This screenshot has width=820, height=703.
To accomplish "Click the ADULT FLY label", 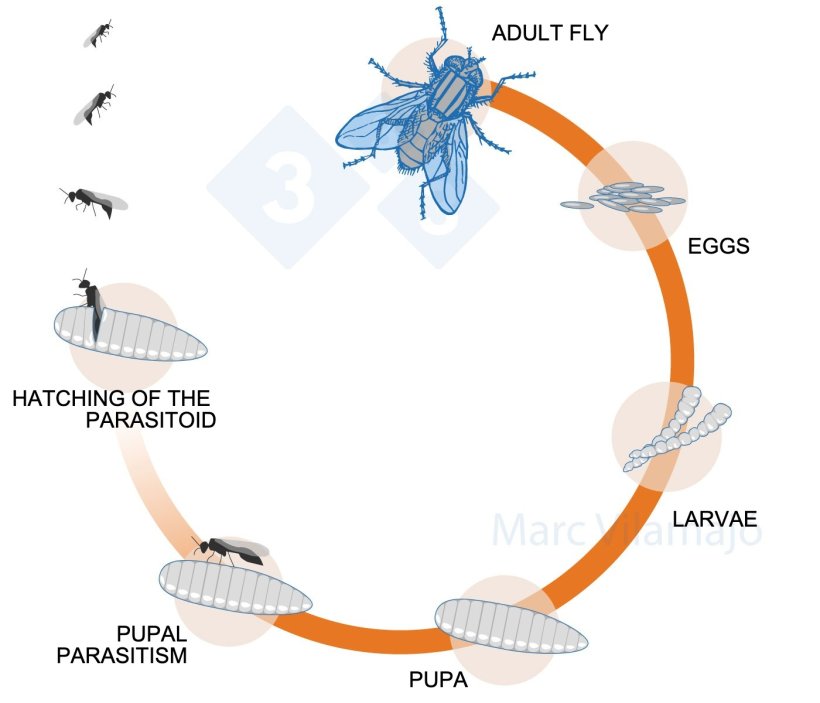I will [550, 34].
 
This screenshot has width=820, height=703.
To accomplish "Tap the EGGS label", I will [718, 245].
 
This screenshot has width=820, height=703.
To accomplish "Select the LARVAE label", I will [714, 519].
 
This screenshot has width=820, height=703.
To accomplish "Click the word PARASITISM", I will [122, 656].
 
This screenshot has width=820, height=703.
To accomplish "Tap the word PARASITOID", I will [151, 420].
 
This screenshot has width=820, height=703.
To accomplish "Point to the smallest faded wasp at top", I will [97, 35].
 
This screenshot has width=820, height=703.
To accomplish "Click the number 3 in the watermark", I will [288, 186].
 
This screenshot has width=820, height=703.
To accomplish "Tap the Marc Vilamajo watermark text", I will [625, 530].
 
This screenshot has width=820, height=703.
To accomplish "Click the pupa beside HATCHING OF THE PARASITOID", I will [130, 333].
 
